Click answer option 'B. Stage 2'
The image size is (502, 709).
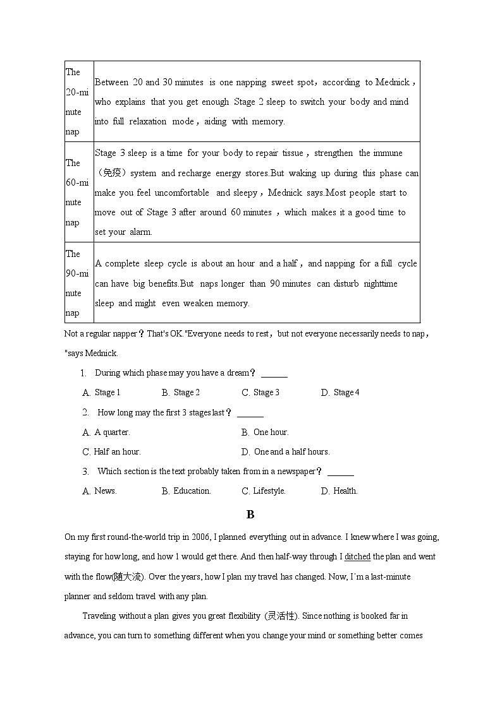[x=181, y=393]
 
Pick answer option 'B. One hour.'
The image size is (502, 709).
[x=265, y=432]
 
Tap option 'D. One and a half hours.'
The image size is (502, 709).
[x=286, y=452]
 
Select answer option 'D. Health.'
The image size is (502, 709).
[x=340, y=491]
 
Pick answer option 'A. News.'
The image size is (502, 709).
[x=100, y=491]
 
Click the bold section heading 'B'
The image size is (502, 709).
[x=250, y=515]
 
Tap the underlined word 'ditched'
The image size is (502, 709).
[x=358, y=557]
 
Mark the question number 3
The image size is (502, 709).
[x=85, y=472]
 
